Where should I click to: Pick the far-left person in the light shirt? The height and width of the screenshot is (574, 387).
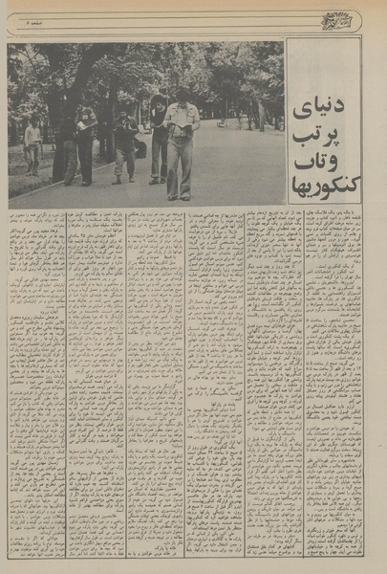33,143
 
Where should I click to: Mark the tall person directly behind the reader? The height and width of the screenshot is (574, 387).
158,134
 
